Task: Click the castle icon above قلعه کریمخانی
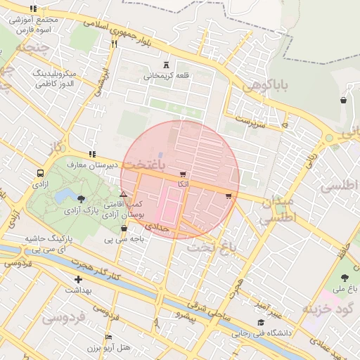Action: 166,65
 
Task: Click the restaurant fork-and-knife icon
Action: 114,44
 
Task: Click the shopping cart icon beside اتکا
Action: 184,174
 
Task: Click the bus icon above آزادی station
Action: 40,172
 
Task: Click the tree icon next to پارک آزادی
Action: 83,200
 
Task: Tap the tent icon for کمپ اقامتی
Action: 124,194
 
